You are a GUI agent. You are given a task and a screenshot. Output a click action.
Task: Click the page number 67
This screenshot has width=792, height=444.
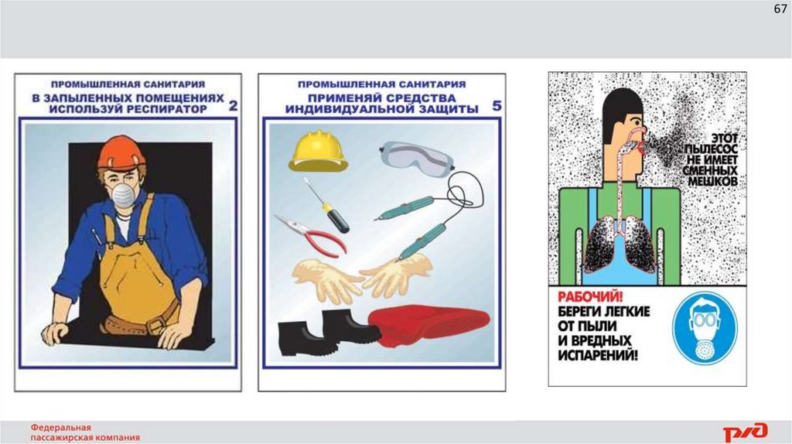[x=780, y=9]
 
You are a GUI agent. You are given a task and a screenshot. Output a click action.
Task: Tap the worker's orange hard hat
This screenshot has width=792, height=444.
[x=121, y=152]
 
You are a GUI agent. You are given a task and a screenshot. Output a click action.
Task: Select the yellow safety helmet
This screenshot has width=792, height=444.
[x=318, y=151]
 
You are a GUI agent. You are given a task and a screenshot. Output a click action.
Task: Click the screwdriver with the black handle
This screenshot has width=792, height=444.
[x=326, y=206]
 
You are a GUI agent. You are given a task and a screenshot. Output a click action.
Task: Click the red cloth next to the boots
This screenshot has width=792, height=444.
[x=429, y=326]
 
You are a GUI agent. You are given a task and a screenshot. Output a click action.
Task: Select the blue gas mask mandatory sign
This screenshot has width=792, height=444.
[x=705, y=329]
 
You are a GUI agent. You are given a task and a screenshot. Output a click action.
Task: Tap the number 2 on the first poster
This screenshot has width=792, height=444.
[x=233, y=105]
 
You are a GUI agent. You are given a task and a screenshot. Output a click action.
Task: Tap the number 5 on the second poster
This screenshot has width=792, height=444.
[x=497, y=105]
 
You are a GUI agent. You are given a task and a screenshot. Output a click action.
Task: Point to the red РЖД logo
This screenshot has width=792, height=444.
[x=746, y=432]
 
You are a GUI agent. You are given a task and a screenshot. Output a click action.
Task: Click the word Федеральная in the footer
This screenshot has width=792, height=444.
[x=60, y=428]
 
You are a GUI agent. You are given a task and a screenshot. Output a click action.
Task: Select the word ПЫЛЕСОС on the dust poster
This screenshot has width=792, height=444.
[x=712, y=149]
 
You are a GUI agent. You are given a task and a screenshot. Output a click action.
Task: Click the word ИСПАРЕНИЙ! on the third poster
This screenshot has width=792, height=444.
[x=598, y=355]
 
